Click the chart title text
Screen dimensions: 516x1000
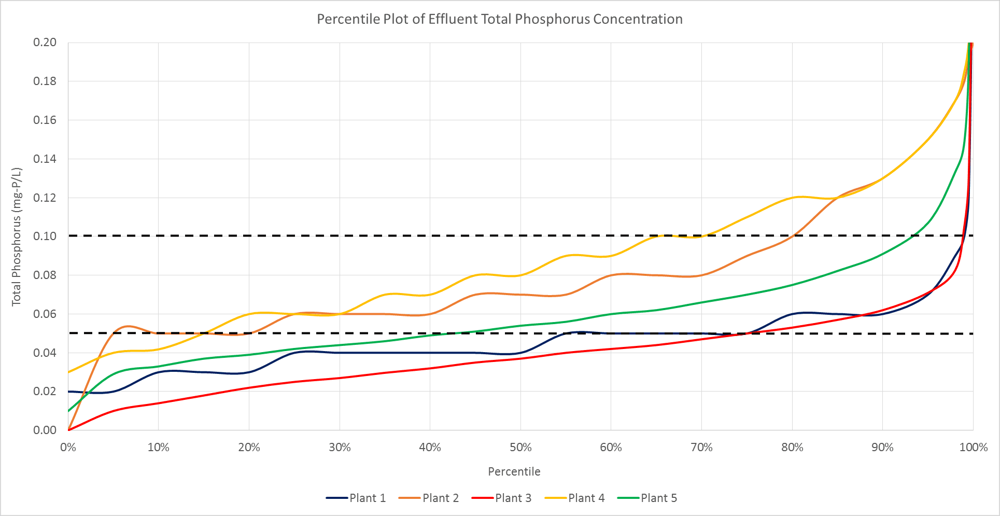coord(499,19)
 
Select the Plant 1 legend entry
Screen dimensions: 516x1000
coord(357,498)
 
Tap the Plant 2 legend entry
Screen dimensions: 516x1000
coord(429,498)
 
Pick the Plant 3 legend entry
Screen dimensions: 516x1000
coord(502,498)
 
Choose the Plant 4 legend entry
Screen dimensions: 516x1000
coord(575,498)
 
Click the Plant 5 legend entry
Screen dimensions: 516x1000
coord(647,498)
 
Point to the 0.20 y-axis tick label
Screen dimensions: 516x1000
coord(45,43)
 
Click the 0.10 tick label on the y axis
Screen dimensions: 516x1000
coord(45,236)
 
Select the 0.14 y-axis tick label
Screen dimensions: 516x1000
coord(45,159)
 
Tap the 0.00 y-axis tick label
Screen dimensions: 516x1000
coord(45,430)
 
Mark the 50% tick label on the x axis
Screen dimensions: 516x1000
coord(520,448)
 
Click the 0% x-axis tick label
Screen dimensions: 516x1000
coord(68,448)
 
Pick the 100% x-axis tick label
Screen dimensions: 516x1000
coord(973,448)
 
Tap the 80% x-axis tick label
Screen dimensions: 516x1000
coord(792,448)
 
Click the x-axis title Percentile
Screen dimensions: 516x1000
coord(514,472)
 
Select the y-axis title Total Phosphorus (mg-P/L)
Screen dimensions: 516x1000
coord(17,236)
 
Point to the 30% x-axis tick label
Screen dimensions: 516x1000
coord(340,448)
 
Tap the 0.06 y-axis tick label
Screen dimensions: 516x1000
coord(45,314)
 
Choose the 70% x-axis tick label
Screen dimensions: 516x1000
coord(701,448)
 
